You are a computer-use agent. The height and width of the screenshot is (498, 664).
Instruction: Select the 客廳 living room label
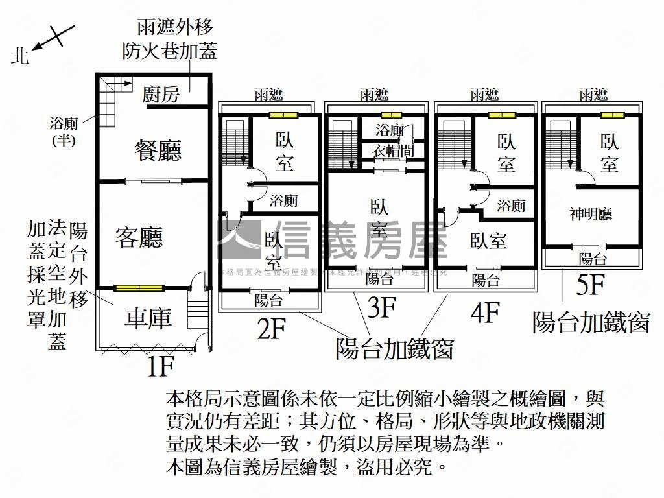pyautogui.click(x=139, y=237)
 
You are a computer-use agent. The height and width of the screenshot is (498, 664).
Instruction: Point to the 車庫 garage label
pyautogui.click(x=148, y=318)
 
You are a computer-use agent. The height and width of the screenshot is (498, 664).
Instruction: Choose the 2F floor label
pyautogui.click(x=272, y=329)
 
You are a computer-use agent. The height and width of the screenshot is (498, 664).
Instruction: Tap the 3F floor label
pyautogui.click(x=381, y=308)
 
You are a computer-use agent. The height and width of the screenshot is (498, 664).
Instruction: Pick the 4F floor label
pyautogui.click(x=484, y=313)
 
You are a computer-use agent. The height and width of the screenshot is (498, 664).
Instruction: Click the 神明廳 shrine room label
pyautogui.click(x=591, y=215)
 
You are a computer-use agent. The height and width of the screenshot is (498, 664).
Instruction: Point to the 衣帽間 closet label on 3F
pyautogui.click(x=389, y=150)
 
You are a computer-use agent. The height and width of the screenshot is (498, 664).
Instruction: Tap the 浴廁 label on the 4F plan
pyautogui.click(x=511, y=206)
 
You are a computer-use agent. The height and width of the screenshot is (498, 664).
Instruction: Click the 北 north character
pyautogui.click(x=21, y=57)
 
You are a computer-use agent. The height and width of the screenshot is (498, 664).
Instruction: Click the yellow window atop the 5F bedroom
pyautogui.click(x=611, y=115)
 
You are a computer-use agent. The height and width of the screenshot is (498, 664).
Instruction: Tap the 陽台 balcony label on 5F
pyautogui.click(x=592, y=259)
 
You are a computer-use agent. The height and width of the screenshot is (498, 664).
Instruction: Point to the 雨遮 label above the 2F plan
pyautogui.click(x=268, y=95)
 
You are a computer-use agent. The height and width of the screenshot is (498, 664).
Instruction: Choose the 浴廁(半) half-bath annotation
pyautogui.click(x=65, y=130)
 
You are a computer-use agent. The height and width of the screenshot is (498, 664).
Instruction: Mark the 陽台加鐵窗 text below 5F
pyautogui.click(x=591, y=321)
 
